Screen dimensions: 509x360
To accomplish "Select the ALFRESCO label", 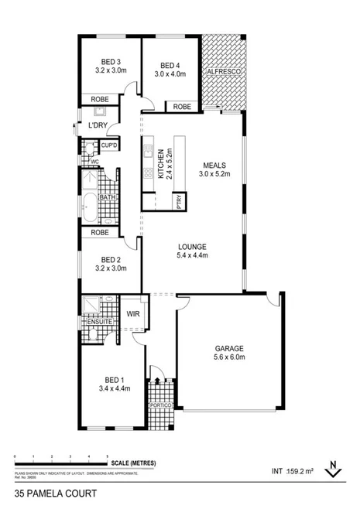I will coord(225,72).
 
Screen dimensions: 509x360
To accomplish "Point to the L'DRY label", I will coord(98,125).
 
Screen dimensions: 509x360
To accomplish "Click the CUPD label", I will coord(108,145).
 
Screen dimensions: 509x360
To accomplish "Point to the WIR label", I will coord(132,315).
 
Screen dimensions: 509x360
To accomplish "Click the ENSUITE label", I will coord(98,321).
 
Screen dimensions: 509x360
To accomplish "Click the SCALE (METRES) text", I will coord(133,463).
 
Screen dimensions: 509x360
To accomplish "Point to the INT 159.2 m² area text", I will coord(292,470).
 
